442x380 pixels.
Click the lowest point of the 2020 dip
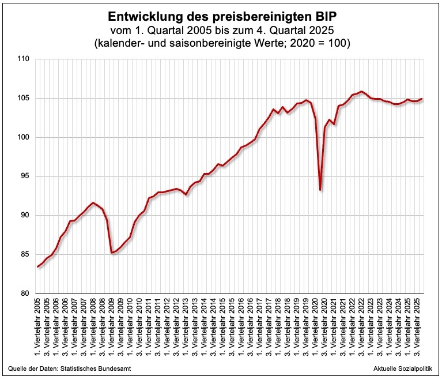click(320, 190)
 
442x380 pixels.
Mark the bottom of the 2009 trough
click(112, 253)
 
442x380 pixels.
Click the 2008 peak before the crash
click(93, 203)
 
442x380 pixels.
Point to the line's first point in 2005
click(38, 266)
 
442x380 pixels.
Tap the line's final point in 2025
click(422, 99)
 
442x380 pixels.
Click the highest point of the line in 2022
click(361, 92)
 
